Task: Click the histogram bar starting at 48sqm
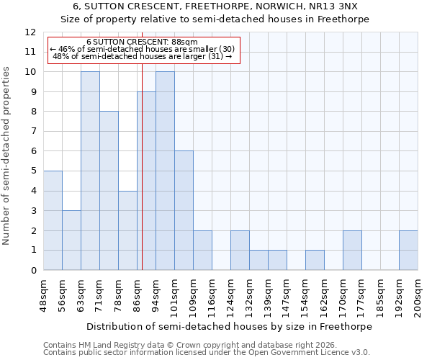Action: point(53,220)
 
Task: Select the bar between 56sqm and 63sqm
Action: point(71,240)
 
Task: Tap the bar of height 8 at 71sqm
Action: point(109,191)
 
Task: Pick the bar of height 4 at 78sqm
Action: point(127,230)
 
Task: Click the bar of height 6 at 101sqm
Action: point(184,210)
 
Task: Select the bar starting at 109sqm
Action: point(202,250)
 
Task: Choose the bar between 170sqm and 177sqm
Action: point(352,250)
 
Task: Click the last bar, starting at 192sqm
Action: point(408,250)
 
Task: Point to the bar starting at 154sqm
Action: point(315,260)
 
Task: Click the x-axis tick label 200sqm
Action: point(418,296)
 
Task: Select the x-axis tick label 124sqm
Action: point(231,296)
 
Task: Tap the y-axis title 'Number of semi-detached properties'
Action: point(7,156)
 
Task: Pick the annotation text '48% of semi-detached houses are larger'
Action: point(143,56)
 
